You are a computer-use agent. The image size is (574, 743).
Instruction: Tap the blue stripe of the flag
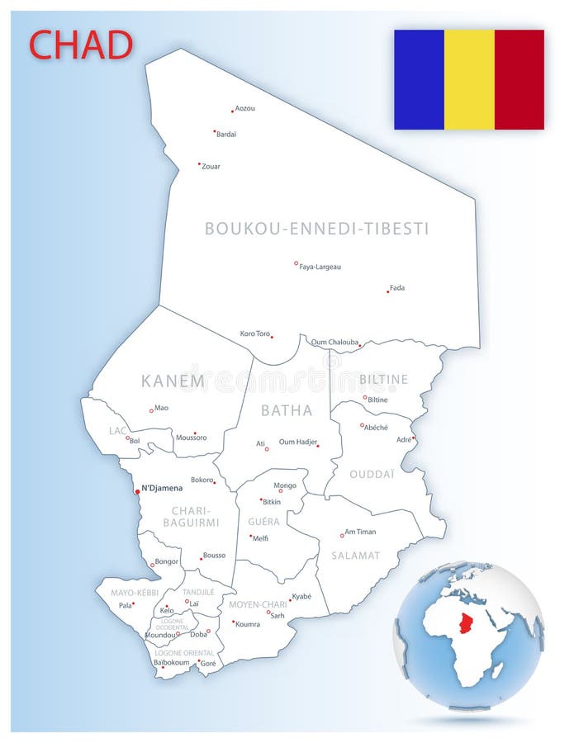[419, 79]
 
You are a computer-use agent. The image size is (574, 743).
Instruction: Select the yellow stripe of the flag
[469, 79]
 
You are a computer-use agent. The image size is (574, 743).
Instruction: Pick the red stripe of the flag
[519, 79]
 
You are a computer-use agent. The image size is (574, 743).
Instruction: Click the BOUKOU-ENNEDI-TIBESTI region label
[317, 229]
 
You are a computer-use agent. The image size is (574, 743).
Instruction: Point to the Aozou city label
[245, 108]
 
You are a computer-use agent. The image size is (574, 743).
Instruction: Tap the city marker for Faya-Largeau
[296, 263]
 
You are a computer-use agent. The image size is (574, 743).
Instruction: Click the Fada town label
[397, 287]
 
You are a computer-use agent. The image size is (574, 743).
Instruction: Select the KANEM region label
[173, 381]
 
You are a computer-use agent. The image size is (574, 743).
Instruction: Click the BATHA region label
[287, 410]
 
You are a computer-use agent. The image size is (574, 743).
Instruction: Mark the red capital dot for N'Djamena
[137, 491]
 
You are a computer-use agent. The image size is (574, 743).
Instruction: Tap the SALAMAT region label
[356, 556]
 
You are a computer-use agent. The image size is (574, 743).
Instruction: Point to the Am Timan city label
[360, 532]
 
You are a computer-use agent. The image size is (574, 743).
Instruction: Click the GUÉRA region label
[264, 522]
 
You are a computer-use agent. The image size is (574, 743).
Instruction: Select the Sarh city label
[278, 615]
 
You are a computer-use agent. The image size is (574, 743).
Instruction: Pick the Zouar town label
[211, 166]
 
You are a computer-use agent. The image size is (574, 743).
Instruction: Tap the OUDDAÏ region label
[372, 475]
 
